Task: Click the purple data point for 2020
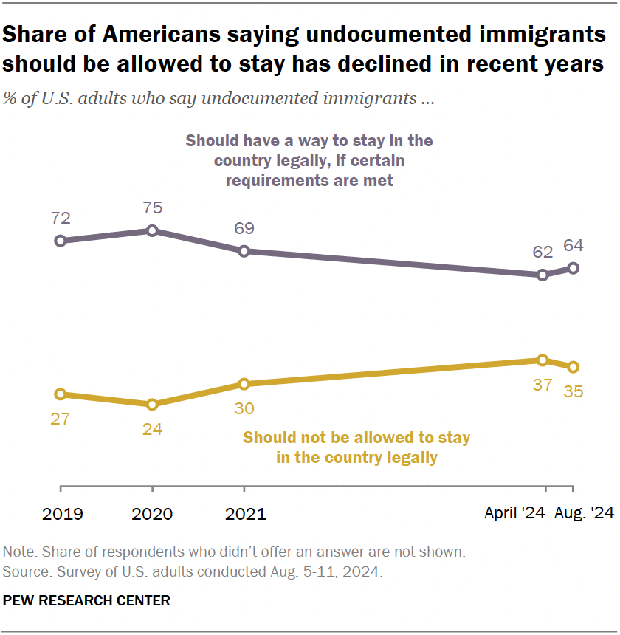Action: pyautogui.click(x=152, y=230)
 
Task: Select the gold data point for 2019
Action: pyautogui.click(x=61, y=394)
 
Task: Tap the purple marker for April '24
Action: pyautogui.click(x=542, y=275)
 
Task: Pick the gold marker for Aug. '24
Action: pyautogui.click(x=572, y=367)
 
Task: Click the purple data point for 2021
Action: pyautogui.click(x=244, y=251)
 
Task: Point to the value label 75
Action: pyautogui.click(x=152, y=208)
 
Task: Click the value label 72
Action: pyautogui.click(x=61, y=218)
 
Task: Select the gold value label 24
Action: pyautogui.click(x=152, y=428)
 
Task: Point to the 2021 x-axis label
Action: pyautogui.click(x=244, y=514)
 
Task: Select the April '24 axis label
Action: pyautogui.click(x=514, y=514)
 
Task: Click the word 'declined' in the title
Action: pyautogui.click(x=408, y=63)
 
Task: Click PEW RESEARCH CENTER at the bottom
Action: pyautogui.click(x=86, y=601)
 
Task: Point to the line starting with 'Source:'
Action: pyautogui.click(x=193, y=572)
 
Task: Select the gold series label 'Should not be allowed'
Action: pyautogui.click(x=356, y=438)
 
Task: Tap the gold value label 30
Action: pyautogui.click(x=244, y=407)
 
